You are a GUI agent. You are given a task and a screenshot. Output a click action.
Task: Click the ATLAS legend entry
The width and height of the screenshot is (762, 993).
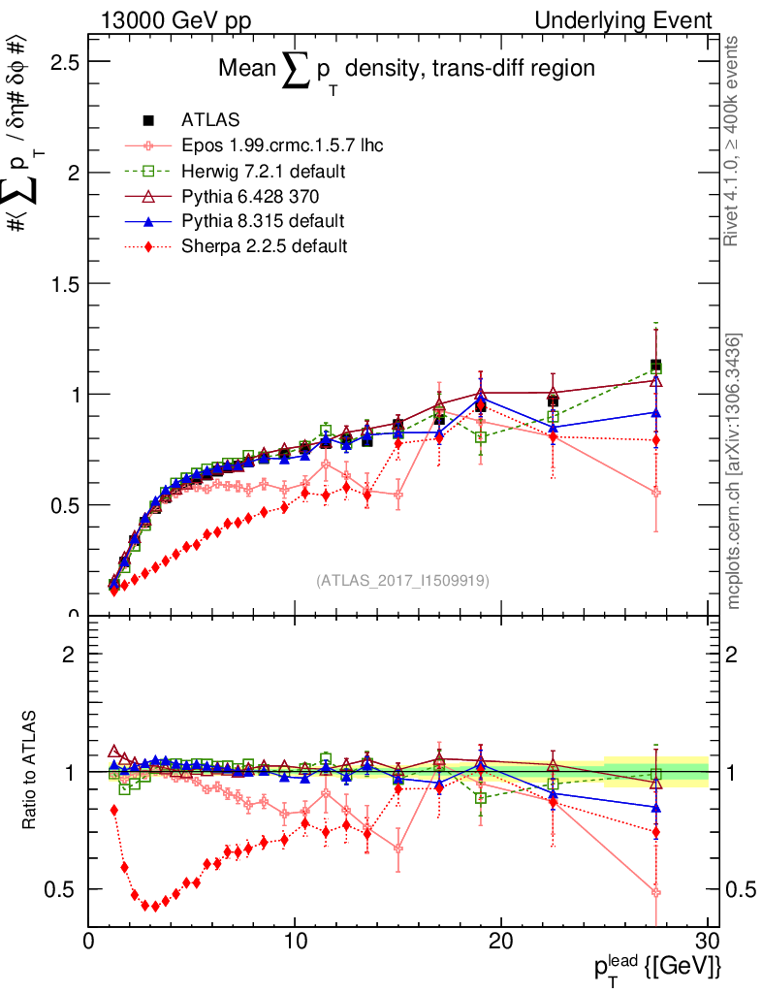point(204,120)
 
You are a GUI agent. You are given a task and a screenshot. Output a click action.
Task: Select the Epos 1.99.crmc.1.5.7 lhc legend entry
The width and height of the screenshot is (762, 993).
point(282,145)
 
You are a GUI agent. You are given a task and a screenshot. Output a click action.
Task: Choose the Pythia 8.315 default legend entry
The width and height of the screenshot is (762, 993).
point(263,221)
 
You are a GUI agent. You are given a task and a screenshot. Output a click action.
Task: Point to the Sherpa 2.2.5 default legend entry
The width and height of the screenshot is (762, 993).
point(264,246)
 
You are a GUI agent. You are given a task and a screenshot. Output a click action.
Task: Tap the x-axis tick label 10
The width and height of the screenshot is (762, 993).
point(295,941)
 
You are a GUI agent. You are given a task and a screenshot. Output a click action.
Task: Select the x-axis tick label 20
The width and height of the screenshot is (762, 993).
point(501,941)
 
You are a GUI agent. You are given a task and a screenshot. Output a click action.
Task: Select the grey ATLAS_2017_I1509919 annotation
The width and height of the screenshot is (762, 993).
point(402,580)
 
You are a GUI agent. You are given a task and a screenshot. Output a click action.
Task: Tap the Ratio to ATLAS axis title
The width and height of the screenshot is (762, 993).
point(31,772)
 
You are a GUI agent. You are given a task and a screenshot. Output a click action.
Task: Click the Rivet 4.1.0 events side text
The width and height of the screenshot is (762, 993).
point(733,141)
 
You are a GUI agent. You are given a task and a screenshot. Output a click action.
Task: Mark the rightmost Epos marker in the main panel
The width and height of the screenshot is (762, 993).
point(656,493)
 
